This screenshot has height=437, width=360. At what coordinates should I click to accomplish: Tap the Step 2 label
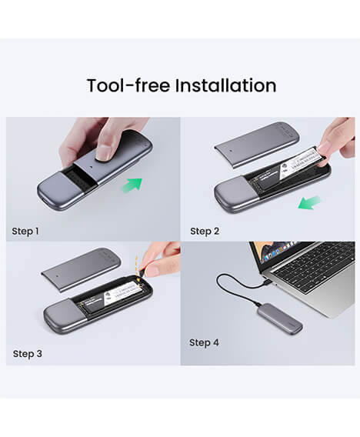pos(205,231)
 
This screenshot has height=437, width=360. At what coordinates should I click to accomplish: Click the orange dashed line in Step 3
pos(138,265)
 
